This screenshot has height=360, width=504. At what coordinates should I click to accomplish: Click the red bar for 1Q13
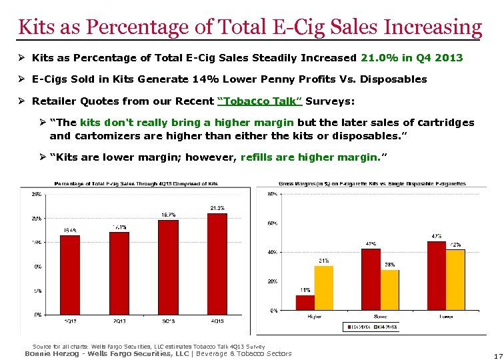69,275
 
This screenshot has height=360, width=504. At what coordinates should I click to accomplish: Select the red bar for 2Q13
119,273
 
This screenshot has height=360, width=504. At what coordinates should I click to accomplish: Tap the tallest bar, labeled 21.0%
218,263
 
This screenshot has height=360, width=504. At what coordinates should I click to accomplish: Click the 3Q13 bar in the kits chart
169,267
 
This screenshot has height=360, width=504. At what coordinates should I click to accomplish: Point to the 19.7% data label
169,215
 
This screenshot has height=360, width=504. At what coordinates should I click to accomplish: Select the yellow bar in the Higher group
324,288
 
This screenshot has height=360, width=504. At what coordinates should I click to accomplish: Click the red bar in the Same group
371,279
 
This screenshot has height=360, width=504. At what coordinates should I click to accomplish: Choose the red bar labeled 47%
437,276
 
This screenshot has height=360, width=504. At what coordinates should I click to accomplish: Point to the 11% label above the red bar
305,290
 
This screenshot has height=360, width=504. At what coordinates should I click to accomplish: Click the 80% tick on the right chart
273,194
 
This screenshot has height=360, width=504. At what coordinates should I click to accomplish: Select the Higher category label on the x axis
315,317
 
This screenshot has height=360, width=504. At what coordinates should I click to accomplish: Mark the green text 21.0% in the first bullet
377,58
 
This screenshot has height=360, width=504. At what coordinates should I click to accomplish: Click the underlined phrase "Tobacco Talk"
260,101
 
